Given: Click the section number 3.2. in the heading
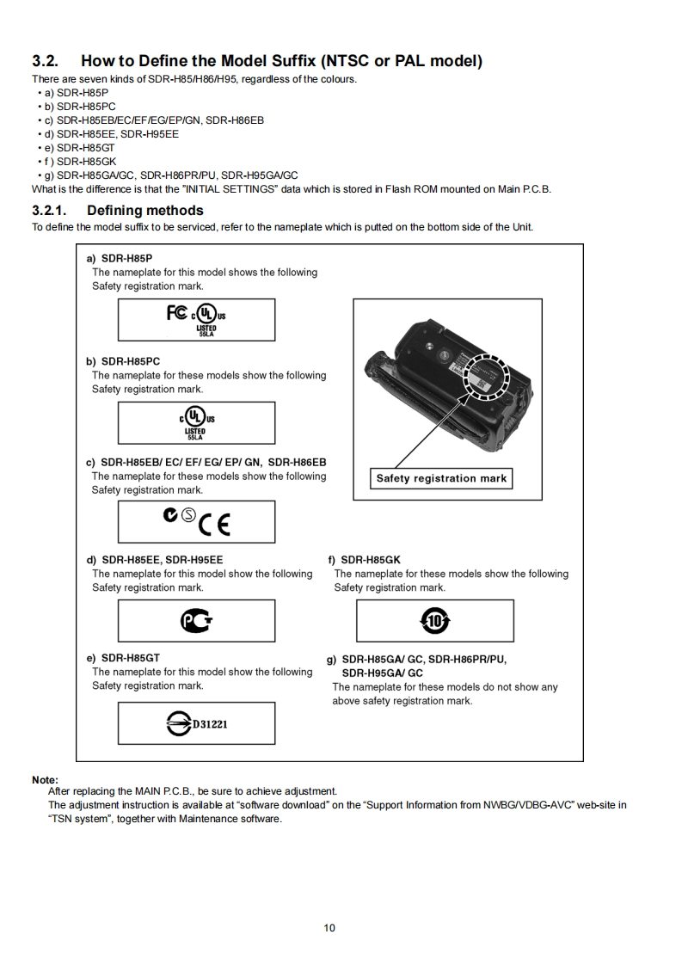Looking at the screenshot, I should tap(46, 61).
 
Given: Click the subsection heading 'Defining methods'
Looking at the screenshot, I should tap(145, 210).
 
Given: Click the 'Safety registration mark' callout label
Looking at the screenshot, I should tap(441, 478).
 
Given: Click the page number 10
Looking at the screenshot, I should tap(329, 927).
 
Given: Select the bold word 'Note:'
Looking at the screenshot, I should tap(45, 779).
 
